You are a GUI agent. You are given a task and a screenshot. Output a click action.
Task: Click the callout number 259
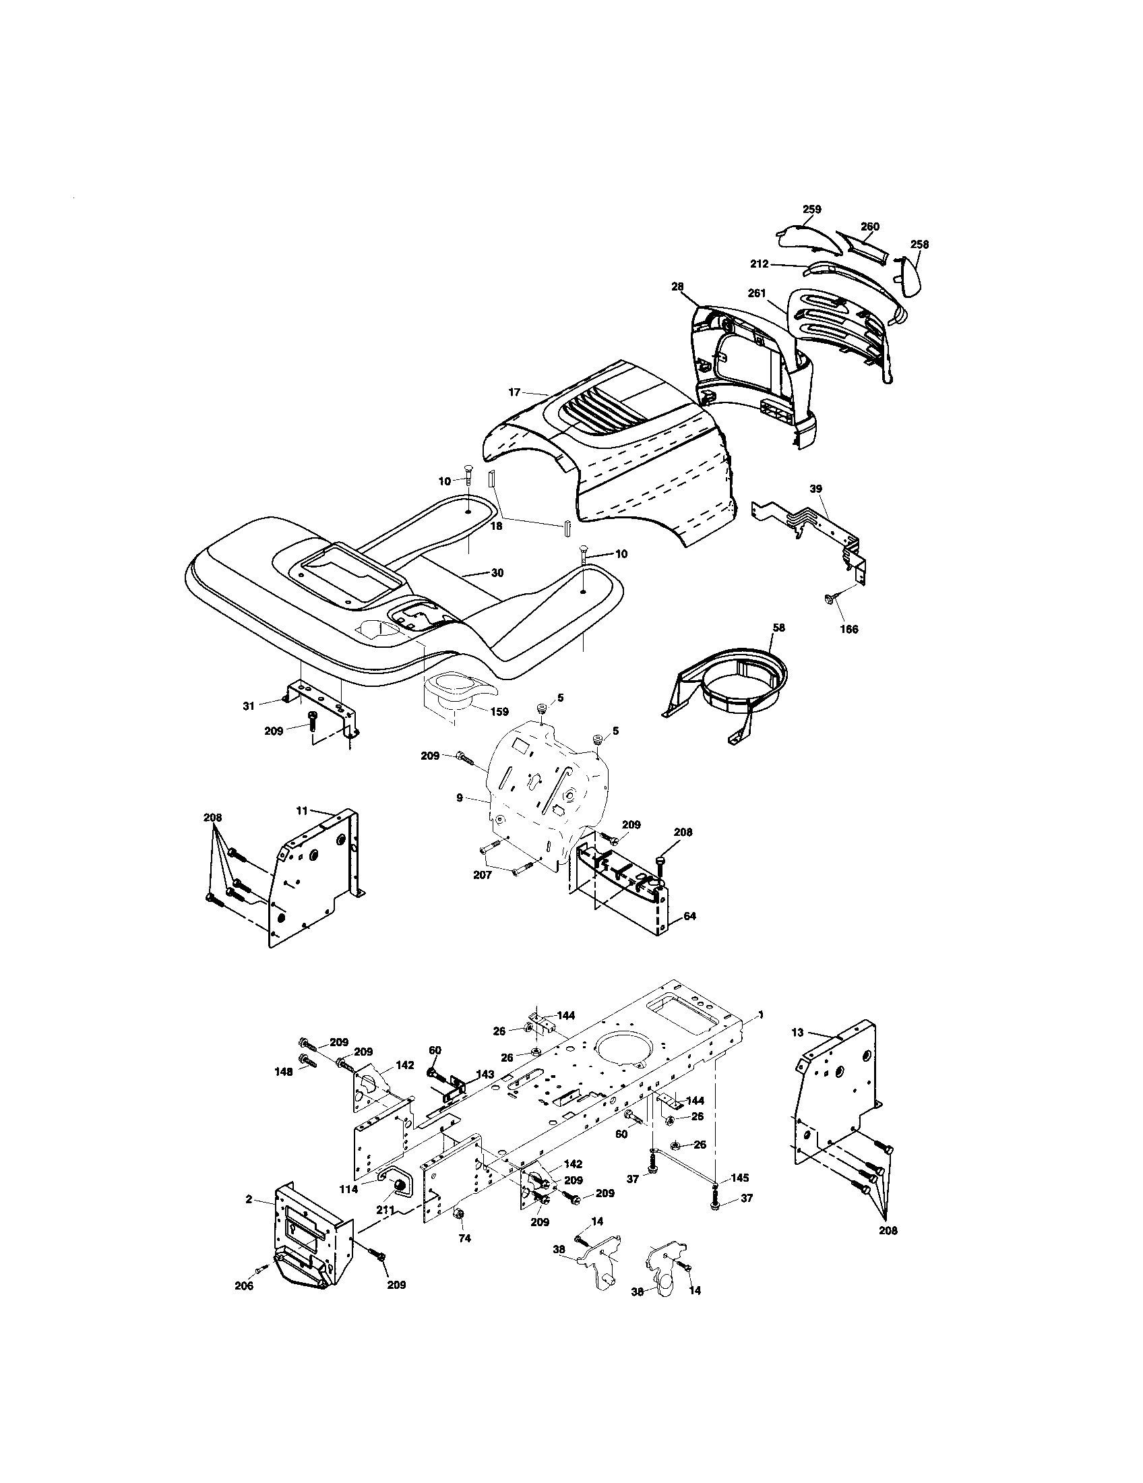(812, 209)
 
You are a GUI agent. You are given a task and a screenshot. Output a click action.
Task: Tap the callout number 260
(870, 226)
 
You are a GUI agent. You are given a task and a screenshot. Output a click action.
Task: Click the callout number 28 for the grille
(677, 288)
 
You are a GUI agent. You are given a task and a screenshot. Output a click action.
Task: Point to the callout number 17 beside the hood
(514, 392)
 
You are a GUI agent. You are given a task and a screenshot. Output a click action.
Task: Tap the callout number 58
(778, 628)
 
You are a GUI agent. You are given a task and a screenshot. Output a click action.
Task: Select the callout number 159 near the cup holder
(499, 712)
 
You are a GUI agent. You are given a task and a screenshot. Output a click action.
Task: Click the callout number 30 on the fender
(497, 573)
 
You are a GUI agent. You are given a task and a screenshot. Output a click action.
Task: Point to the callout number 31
(249, 706)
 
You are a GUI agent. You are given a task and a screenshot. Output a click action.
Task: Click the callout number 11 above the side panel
(302, 811)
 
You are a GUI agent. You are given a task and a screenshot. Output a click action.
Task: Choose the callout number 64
(689, 916)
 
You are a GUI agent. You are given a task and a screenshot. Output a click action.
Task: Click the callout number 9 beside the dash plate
(460, 798)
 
